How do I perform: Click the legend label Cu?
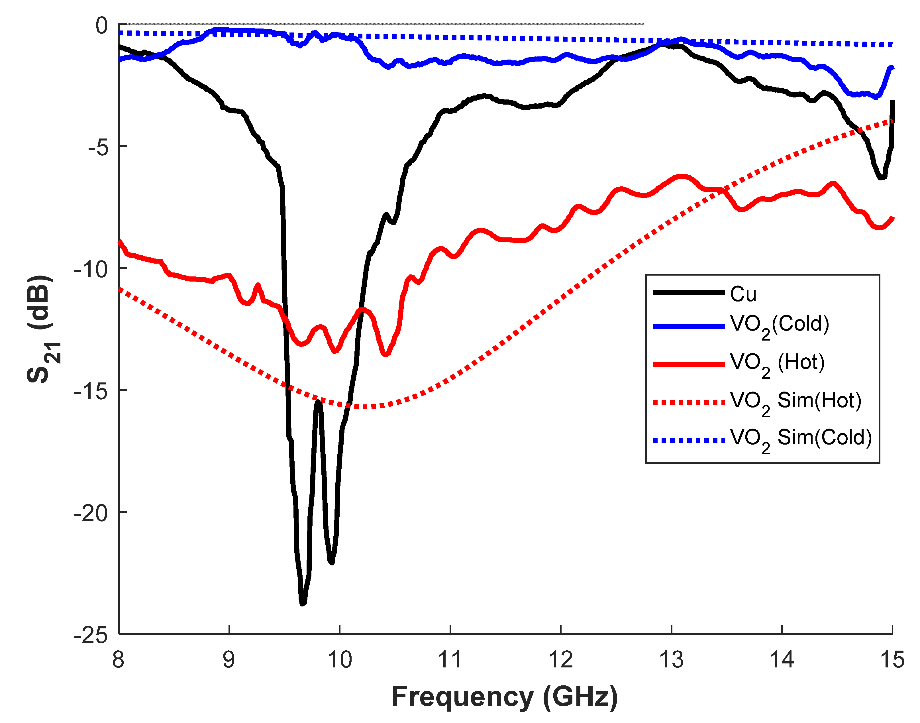(x=743, y=294)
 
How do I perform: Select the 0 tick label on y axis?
(x=101, y=26)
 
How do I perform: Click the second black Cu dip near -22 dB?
(x=332, y=563)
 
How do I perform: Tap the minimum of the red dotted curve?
(x=364, y=407)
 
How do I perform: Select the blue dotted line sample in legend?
(x=689, y=441)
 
